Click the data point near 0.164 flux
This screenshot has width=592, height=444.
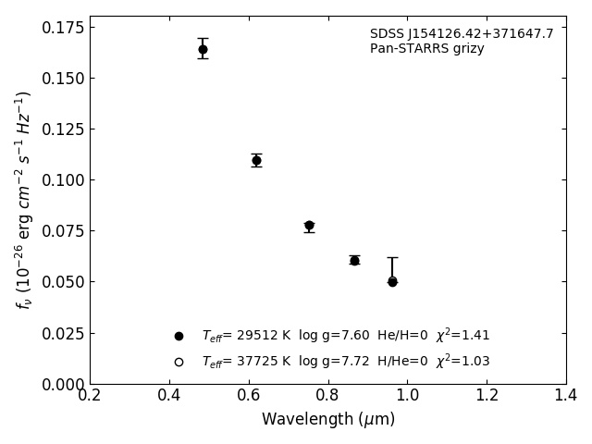pos(203,49)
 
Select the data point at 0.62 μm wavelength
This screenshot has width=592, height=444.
pos(256,160)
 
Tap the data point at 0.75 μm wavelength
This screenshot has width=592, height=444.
pos(309,226)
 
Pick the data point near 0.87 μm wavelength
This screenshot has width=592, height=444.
pos(354,260)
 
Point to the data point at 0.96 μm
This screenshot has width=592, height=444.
pos(392,281)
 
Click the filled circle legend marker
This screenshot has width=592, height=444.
pos(179,336)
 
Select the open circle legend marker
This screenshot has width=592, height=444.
pos(179,362)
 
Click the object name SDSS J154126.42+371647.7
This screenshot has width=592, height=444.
pos(462,34)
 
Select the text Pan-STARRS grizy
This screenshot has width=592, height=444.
pos(426,49)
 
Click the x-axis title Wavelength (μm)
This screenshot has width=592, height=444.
pos(327,420)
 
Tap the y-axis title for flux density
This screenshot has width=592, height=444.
pos(24,200)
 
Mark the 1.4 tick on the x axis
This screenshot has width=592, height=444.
pos(565,395)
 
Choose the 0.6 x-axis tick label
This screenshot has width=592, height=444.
pos(248,395)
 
